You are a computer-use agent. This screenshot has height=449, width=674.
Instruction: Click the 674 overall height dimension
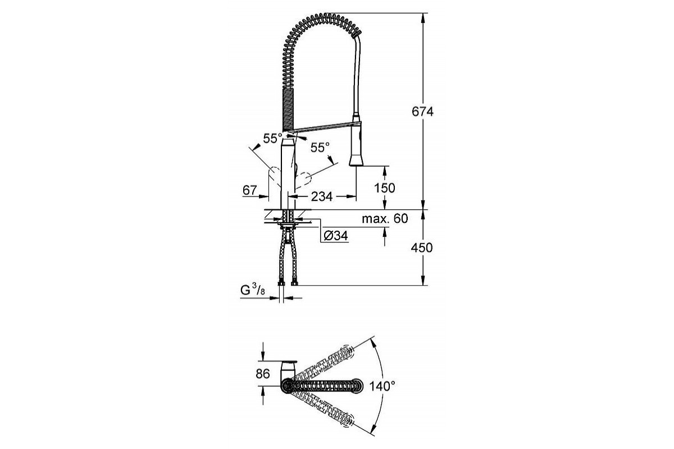pos(422,112)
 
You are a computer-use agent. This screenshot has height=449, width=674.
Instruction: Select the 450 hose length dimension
pos(422,248)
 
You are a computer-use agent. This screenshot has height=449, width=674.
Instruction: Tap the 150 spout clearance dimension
pos(385,188)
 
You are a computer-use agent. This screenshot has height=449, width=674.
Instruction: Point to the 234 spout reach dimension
pos(322,196)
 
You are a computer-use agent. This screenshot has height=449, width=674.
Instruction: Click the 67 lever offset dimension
pos(250,190)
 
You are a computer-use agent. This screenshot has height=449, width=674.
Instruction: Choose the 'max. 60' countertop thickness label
pos(385,219)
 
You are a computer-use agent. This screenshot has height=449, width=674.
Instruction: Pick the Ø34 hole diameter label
pos(336,236)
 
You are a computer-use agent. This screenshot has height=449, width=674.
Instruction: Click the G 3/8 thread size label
pos(253,290)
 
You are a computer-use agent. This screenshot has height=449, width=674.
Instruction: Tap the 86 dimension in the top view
pos(263,374)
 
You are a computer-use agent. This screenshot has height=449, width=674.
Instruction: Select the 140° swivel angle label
pos(382,386)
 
